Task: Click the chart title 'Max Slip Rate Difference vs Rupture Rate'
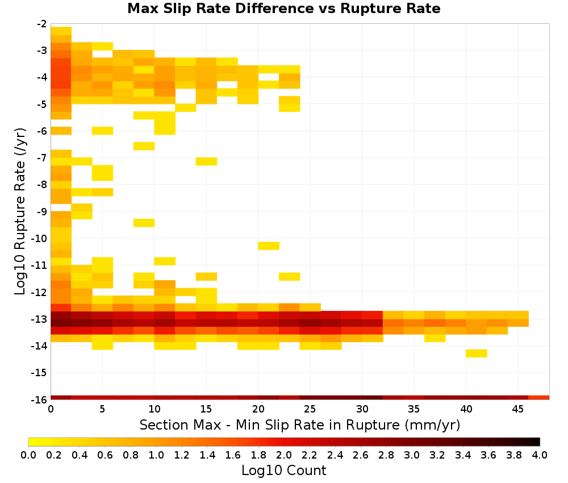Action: click(283, 9)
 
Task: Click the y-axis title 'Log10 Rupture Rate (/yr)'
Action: click(20, 211)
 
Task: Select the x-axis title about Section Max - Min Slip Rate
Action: click(300, 425)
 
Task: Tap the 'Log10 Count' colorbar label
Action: click(283, 470)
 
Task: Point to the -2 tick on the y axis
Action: click(42, 24)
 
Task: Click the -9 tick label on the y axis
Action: click(42, 211)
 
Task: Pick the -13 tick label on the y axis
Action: click(40, 319)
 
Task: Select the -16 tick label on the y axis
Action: click(40, 399)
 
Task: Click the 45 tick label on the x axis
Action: click(518, 409)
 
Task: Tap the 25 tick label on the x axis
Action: click(310, 409)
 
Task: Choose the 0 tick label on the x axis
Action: click(51, 409)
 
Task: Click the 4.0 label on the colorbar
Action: click(540, 455)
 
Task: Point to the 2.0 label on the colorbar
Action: click(284, 455)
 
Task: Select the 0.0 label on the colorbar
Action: click(28, 455)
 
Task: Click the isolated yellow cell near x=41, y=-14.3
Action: click(477, 353)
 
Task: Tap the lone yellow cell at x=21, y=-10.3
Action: click(269, 246)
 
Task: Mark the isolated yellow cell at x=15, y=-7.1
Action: click(207, 161)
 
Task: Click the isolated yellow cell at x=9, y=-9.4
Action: click(144, 223)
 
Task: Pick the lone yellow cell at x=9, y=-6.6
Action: click(144, 146)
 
